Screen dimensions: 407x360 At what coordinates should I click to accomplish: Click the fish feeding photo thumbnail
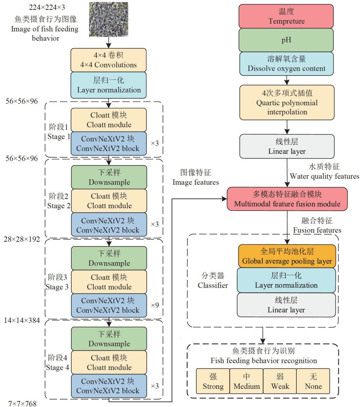pyautogui.click(x=109, y=19)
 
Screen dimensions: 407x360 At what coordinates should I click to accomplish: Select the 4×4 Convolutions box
pyautogui.click(x=109, y=60)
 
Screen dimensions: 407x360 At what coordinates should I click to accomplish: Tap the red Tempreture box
pyautogui.click(x=286, y=16)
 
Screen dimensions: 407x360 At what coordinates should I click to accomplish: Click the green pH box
pyautogui.click(x=286, y=40)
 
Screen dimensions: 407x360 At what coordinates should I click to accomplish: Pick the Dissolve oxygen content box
pyautogui.click(x=286, y=64)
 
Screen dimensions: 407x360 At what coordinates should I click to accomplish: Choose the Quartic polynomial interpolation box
pyautogui.click(x=287, y=103)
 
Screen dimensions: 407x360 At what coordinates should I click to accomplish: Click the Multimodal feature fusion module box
pyautogui.click(x=287, y=199)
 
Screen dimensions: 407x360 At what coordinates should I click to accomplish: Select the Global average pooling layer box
pyautogui.click(x=287, y=256)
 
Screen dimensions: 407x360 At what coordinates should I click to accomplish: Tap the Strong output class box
pyautogui.click(x=213, y=382)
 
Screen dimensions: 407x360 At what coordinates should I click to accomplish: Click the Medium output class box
pyautogui.click(x=246, y=382)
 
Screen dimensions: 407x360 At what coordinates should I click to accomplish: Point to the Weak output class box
pyautogui.click(x=280, y=382)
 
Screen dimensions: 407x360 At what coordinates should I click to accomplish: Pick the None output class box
pyautogui.click(x=313, y=382)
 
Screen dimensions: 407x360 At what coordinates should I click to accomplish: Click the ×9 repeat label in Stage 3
pyautogui.click(x=155, y=305)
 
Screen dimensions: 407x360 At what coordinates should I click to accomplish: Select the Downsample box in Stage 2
pyautogui.click(x=109, y=177)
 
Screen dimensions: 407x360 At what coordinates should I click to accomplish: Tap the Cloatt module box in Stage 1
pyautogui.click(x=109, y=120)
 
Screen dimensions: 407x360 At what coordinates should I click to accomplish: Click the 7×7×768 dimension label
pyautogui.click(x=22, y=403)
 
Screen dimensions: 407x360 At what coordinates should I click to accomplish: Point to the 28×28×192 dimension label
pyautogui.click(x=22, y=239)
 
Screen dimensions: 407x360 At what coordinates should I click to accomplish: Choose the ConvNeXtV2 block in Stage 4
pyautogui.click(x=109, y=386)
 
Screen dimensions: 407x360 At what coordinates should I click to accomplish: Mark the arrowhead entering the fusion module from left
pyautogui.click(x=224, y=199)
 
